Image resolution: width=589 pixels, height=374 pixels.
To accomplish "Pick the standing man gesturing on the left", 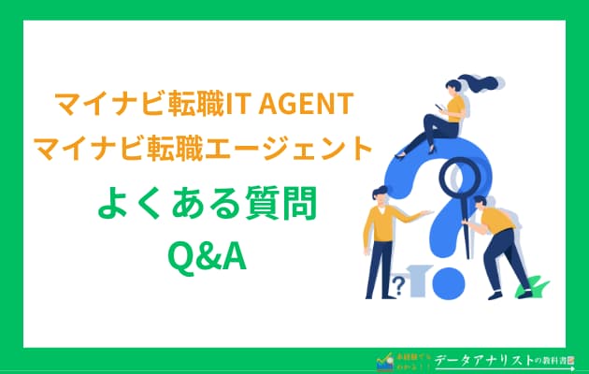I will [384, 238].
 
